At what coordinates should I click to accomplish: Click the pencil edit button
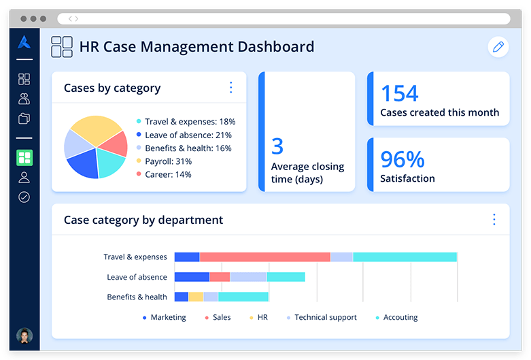click(498, 47)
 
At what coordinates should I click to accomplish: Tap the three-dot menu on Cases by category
click(230, 87)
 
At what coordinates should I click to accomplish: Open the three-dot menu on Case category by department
click(494, 219)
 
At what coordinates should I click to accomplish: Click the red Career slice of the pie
click(116, 143)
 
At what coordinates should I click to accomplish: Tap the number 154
click(399, 93)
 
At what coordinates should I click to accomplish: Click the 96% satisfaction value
click(402, 159)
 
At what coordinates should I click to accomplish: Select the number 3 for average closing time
click(277, 146)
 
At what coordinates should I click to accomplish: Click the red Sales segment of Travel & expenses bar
click(264, 257)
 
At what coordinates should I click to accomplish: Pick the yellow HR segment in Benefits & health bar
click(196, 297)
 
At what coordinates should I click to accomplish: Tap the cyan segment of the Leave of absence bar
click(286, 277)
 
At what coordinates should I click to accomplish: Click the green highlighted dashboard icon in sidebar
click(24, 158)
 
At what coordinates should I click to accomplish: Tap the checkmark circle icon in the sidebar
click(24, 197)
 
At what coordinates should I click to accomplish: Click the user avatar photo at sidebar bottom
click(24, 335)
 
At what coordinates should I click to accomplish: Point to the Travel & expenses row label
click(135, 257)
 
